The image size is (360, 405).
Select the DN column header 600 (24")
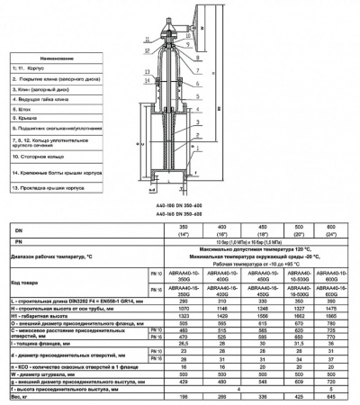pyautogui.click(x=329, y=231)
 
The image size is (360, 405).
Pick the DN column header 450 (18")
pyautogui.click(x=257, y=231)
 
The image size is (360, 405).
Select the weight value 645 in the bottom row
pyautogui.click(x=329, y=396)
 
